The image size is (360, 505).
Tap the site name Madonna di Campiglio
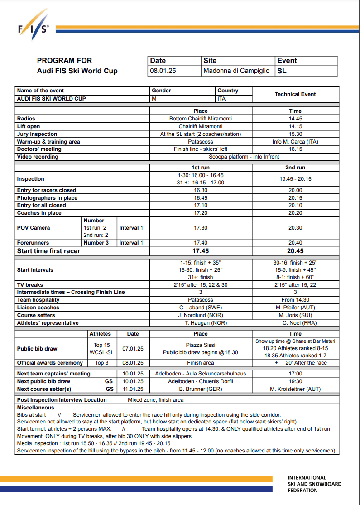pyautogui.click(x=236, y=71)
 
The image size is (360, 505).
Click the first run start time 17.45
pyautogui.click(x=201, y=251)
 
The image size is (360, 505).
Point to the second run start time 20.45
pyautogui.click(x=295, y=251)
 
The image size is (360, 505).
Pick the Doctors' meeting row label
pyautogui.click(x=39, y=149)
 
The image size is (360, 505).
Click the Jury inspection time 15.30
pyautogui.click(x=295, y=134)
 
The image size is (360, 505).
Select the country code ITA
pyautogui.click(x=221, y=98)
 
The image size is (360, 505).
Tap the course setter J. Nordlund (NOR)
pyautogui.click(x=201, y=315)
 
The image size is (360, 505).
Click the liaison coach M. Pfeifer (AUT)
pyautogui.click(x=295, y=308)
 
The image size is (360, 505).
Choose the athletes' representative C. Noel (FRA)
pyautogui.click(x=295, y=323)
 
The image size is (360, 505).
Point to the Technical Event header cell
pyautogui.click(x=295, y=94)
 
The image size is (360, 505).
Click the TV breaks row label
pyautogui.click(x=30, y=285)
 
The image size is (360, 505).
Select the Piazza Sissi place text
pyautogui.click(x=201, y=345)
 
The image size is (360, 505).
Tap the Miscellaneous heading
pyautogui.click(x=36, y=408)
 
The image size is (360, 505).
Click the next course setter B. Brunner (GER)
pyautogui.click(x=201, y=389)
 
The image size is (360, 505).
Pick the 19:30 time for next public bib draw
pyautogui.click(x=295, y=381)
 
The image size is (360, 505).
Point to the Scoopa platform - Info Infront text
pyautogui.click(x=244, y=157)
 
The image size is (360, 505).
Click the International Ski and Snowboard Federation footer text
pyautogui.click(x=314, y=484)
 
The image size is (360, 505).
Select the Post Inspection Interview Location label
pyautogui.click(x=62, y=400)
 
